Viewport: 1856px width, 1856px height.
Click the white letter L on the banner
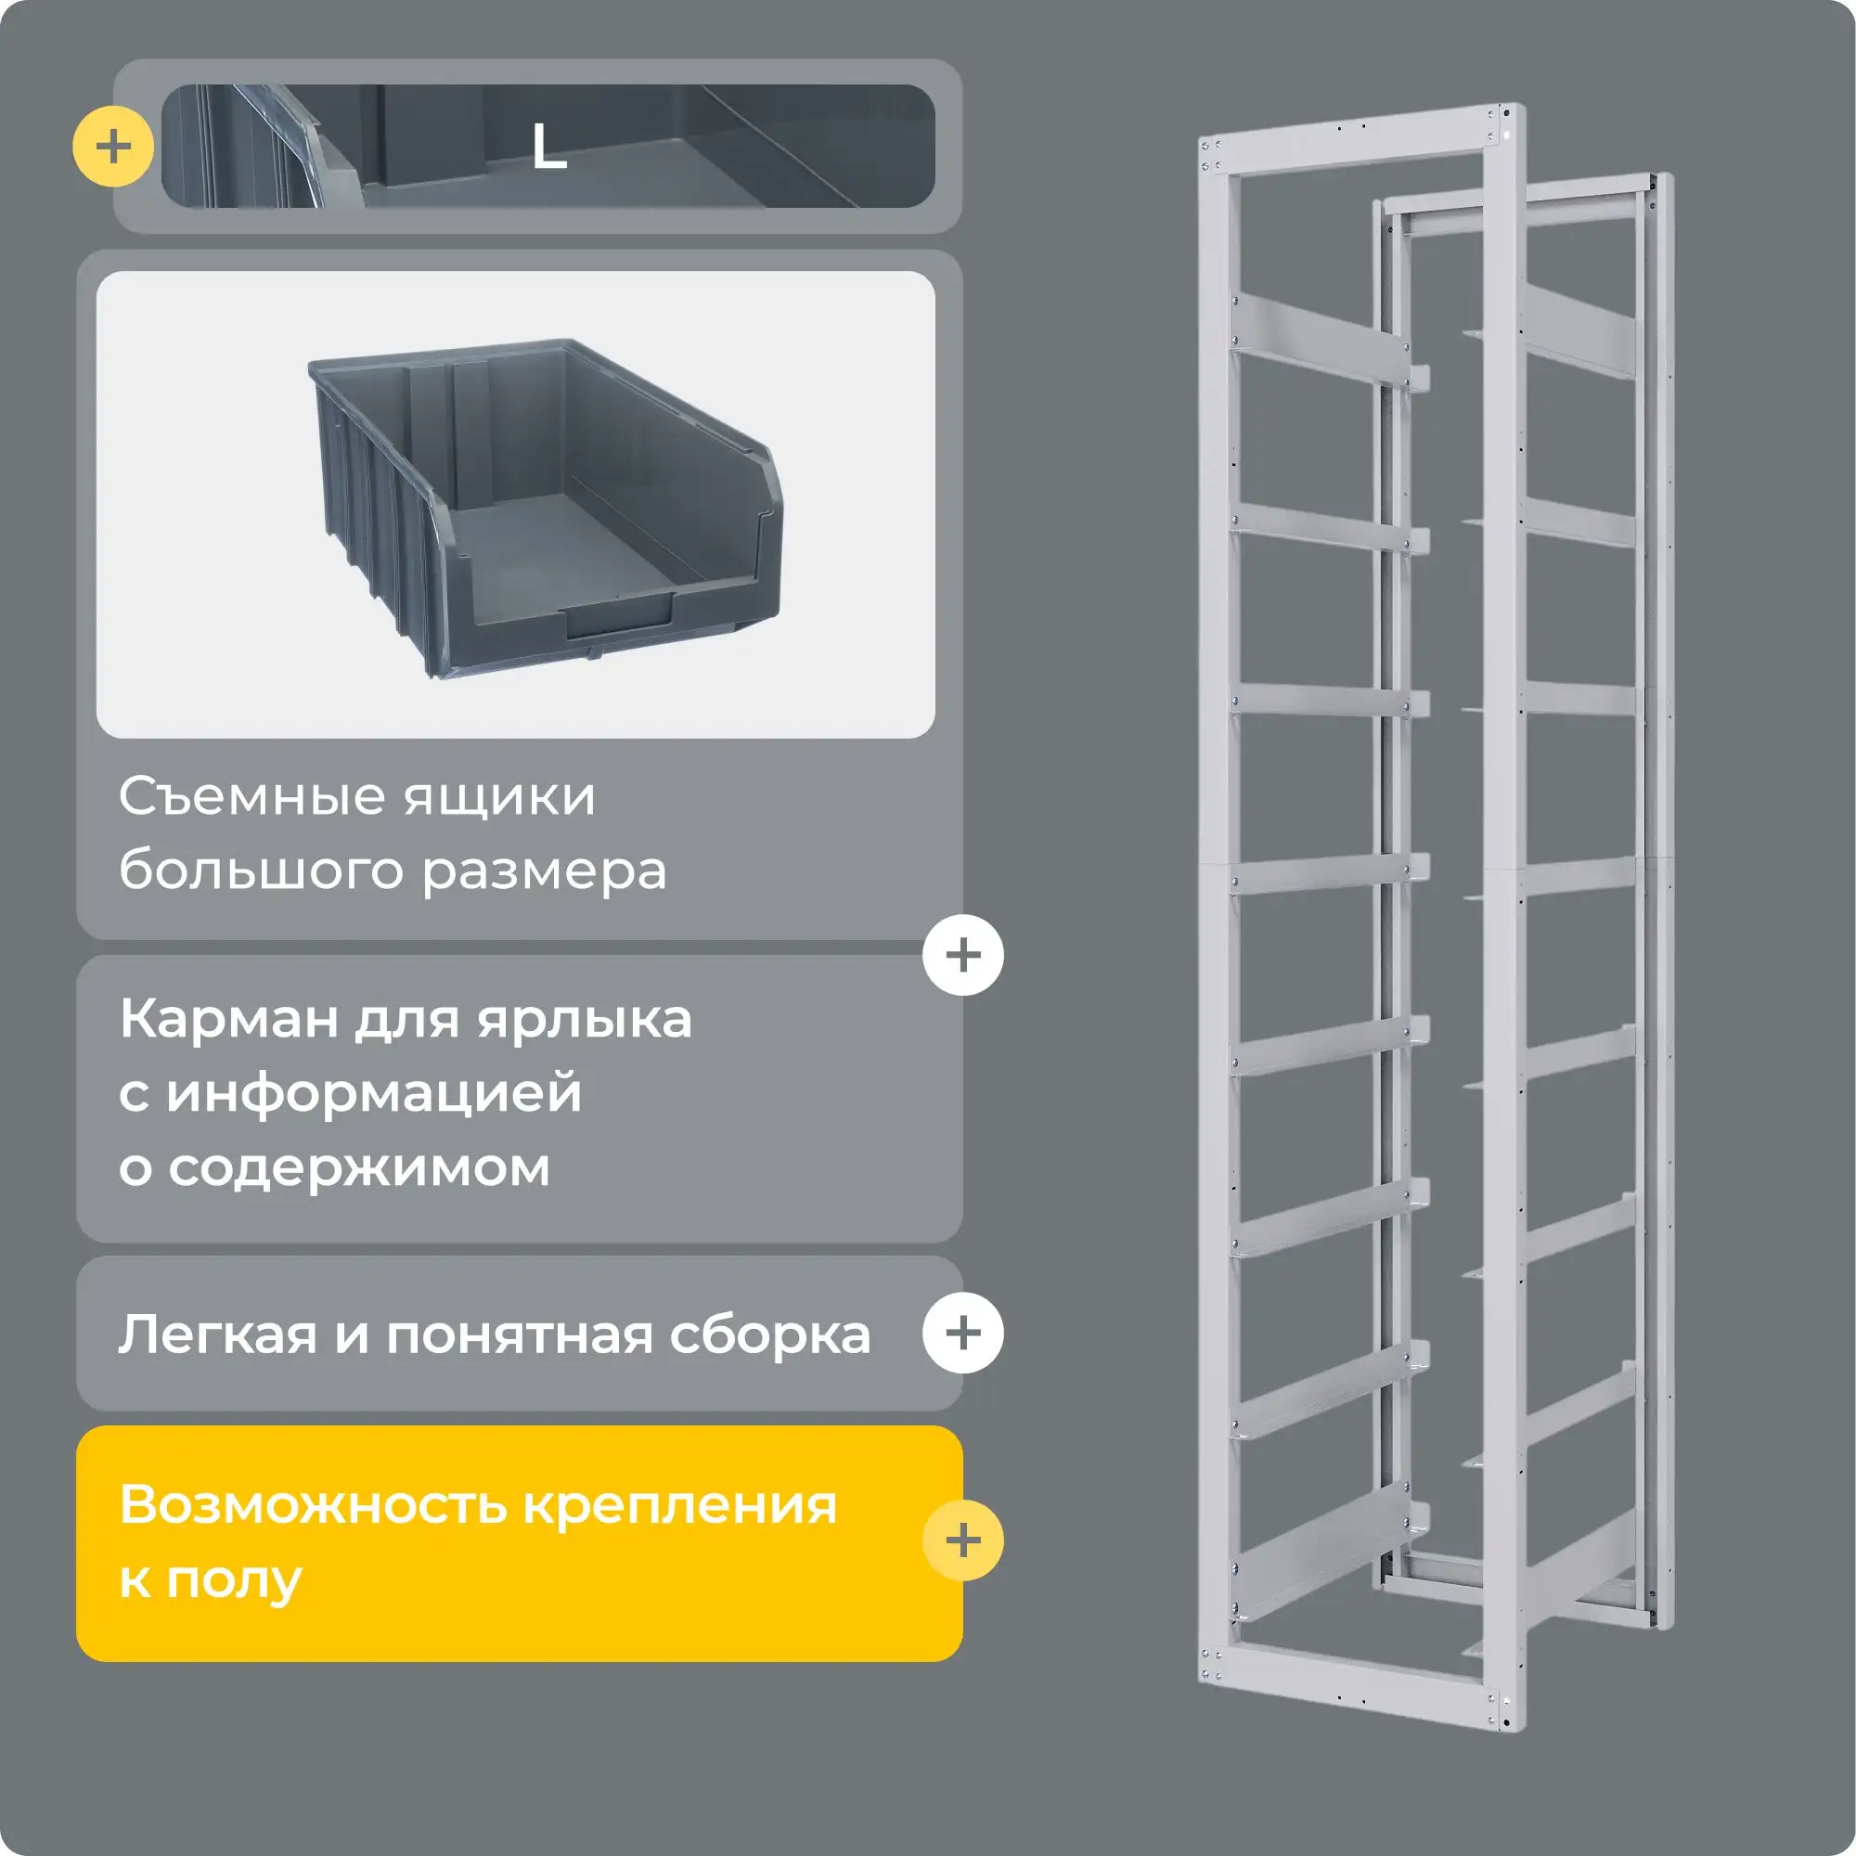pyautogui.click(x=548, y=147)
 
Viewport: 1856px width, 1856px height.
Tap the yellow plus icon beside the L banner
pyautogui.click(x=113, y=147)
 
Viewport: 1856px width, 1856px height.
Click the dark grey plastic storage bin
pyautogui.click(x=544, y=507)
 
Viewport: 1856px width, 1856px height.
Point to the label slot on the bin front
pyautogui.click(x=620, y=615)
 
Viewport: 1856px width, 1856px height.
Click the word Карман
pyautogui.click(x=228, y=1018)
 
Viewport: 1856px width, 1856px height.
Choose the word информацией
pyautogui.click(x=374, y=1093)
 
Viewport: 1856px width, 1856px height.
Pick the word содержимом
pyautogui.click(x=359, y=1167)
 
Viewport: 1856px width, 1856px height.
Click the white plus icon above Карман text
pyautogui.click(x=962, y=955)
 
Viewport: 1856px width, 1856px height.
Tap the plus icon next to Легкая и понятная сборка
pyautogui.click(x=962, y=1333)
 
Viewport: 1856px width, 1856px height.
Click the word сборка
pyautogui.click(x=770, y=1334)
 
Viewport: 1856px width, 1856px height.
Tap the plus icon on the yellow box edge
pyautogui.click(x=962, y=1540)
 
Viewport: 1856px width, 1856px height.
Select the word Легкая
pyautogui.click(x=217, y=1334)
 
